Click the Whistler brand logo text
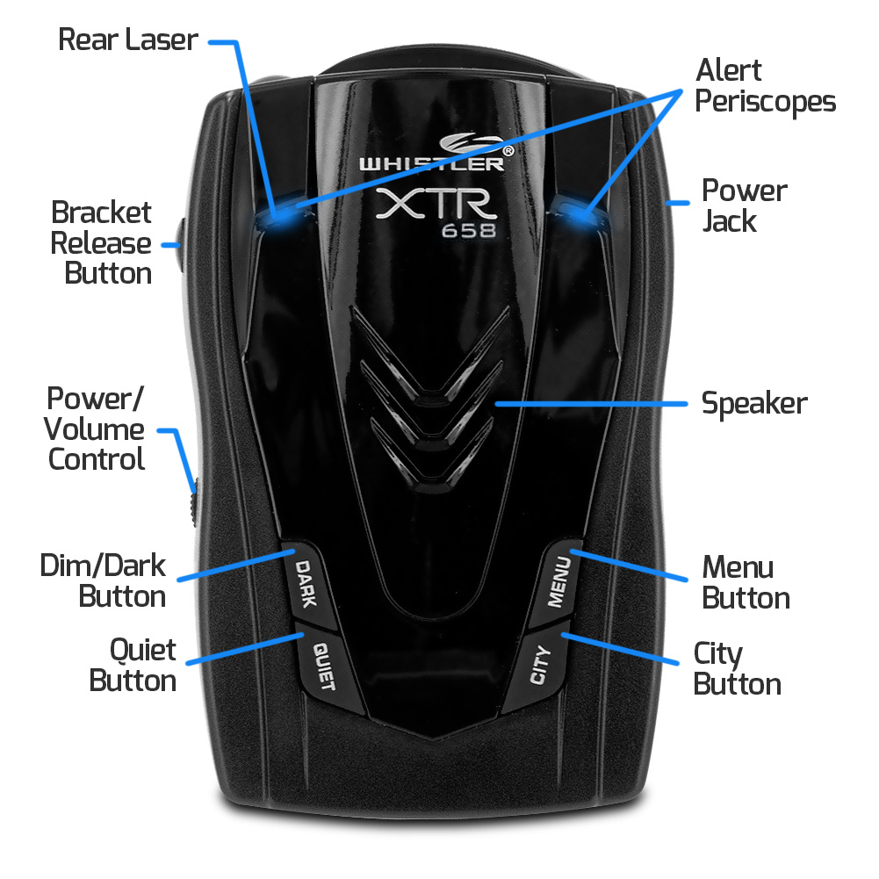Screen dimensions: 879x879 [430, 162]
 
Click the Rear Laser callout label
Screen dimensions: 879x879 [128, 40]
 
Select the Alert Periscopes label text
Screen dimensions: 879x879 [765, 86]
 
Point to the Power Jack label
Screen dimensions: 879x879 [744, 205]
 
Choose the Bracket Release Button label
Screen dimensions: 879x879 [102, 242]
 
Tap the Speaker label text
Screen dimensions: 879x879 [753, 404]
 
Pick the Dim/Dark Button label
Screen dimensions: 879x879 [103, 580]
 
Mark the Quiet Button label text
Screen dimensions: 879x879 [133, 665]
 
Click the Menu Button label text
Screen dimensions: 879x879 [746, 581]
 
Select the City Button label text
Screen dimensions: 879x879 [737, 668]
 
